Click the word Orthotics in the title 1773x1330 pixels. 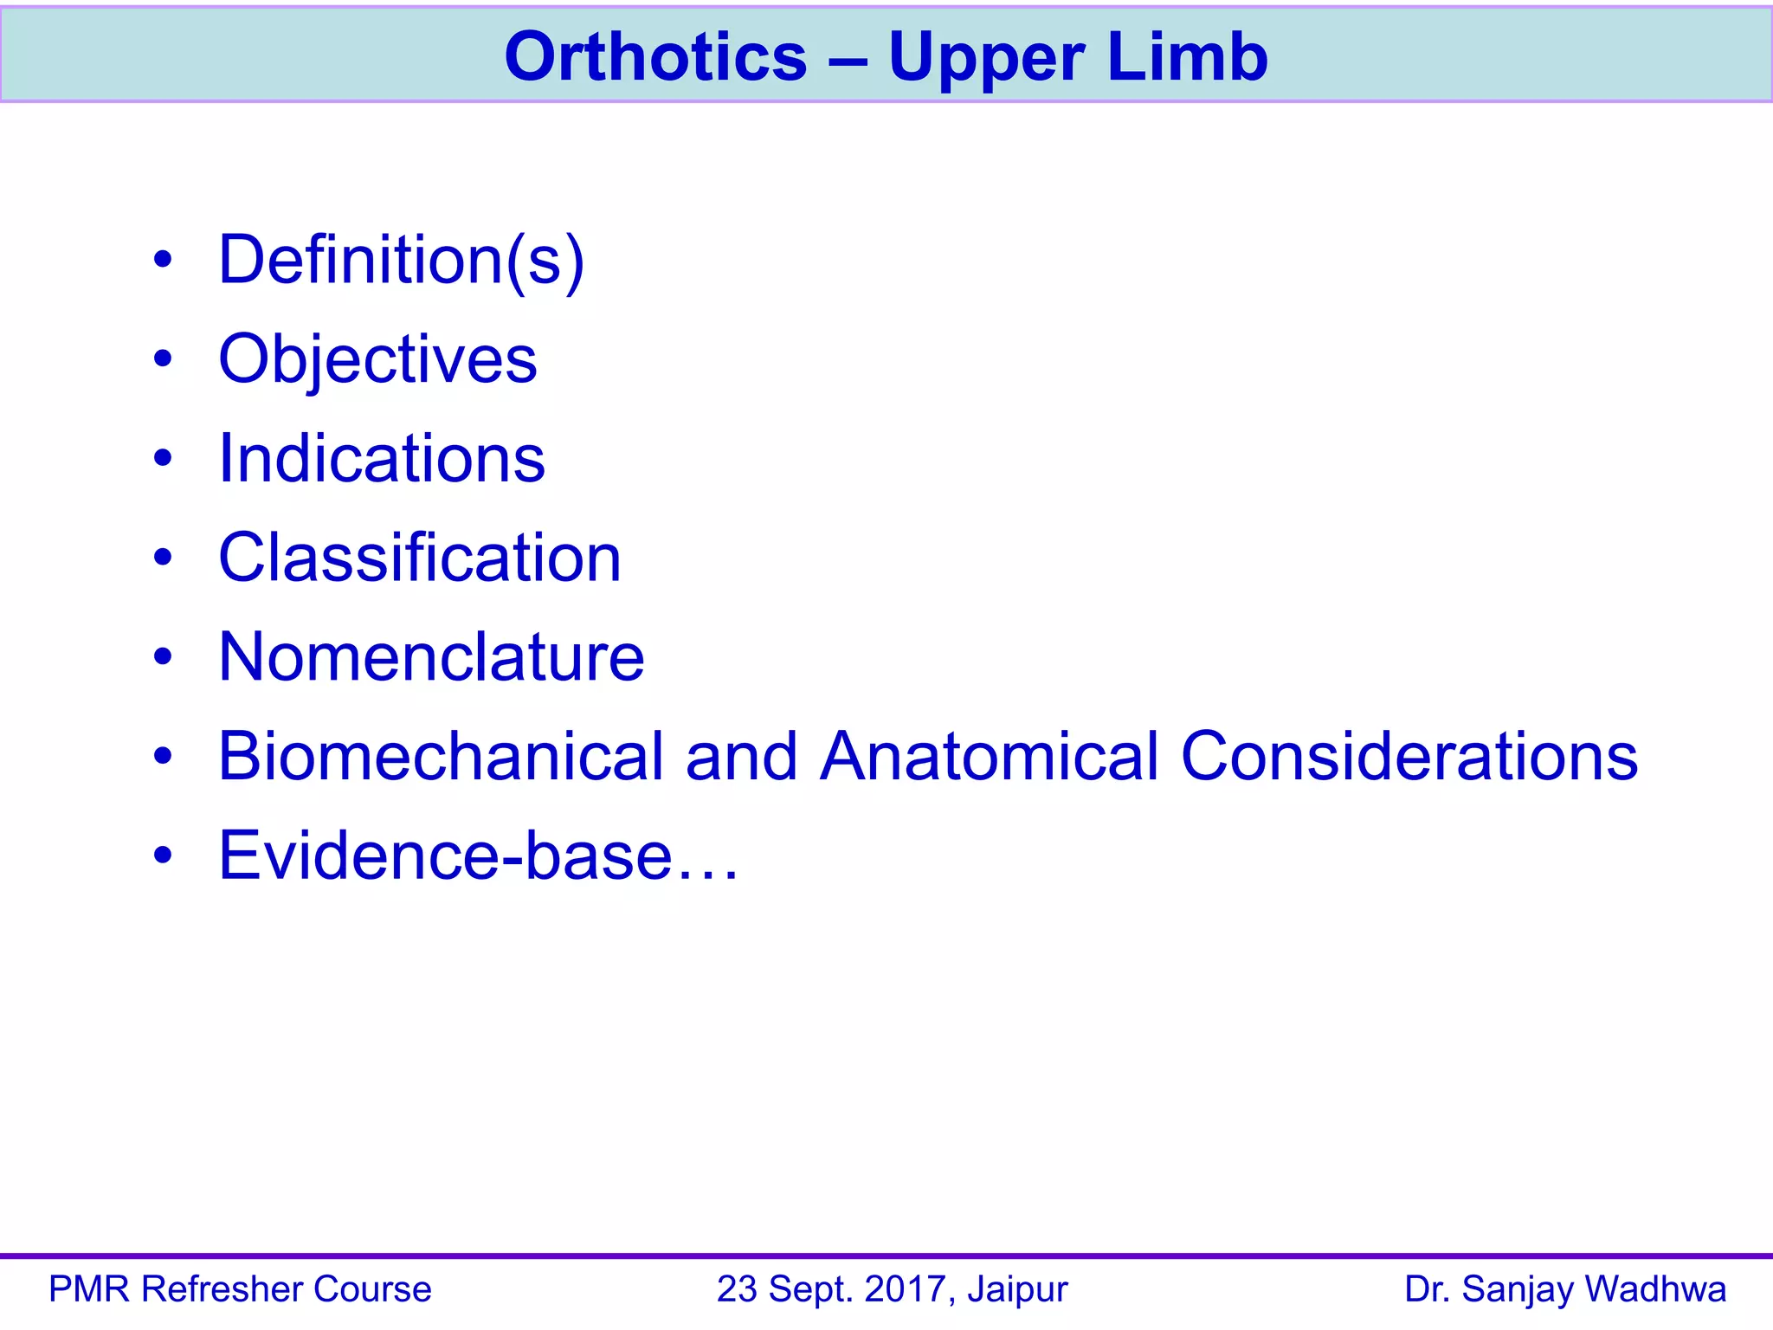coord(655,57)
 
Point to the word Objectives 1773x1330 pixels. coord(377,359)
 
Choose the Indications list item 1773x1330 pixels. coord(382,458)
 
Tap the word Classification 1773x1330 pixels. coord(420,558)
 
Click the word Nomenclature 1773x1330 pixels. coord(431,657)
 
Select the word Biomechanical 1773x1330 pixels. coord(440,756)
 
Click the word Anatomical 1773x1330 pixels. coord(989,756)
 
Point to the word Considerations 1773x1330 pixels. coord(1409,756)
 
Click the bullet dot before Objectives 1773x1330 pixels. coord(163,358)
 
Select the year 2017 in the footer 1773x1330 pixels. coord(910,1289)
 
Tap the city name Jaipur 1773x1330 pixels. coord(1018,1290)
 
